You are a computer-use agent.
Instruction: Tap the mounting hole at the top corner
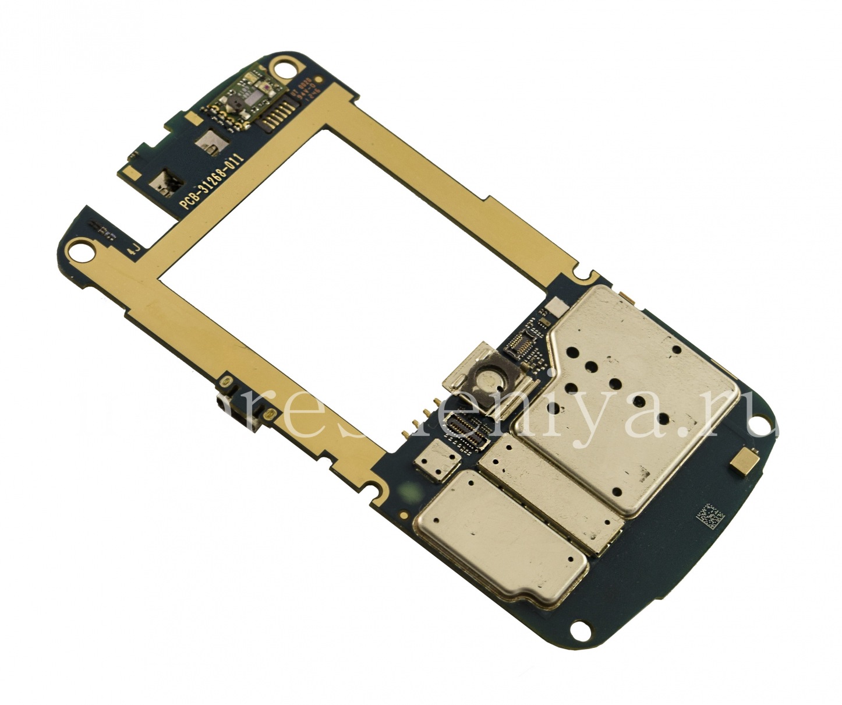pyautogui.click(x=284, y=69)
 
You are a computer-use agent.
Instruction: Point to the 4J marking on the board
pyautogui.click(x=133, y=250)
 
